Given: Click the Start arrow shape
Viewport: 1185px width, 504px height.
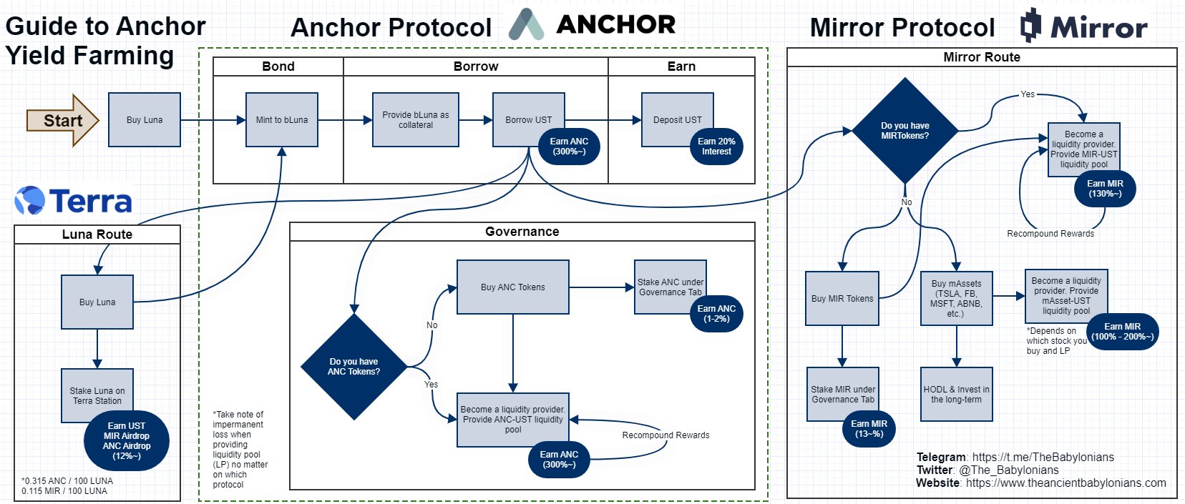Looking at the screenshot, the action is [x=62, y=120].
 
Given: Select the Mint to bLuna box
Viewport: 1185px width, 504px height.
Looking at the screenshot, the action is [x=281, y=120].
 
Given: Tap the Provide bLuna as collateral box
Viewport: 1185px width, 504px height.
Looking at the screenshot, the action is [x=415, y=120].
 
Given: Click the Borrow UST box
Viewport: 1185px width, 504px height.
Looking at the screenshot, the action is [x=528, y=120].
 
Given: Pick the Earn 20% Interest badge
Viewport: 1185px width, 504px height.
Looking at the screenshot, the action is [x=716, y=147].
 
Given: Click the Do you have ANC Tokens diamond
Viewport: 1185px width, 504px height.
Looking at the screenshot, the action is [x=354, y=367].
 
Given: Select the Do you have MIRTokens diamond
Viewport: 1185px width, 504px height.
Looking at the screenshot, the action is [x=904, y=131].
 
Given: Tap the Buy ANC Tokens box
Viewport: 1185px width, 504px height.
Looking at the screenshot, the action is [x=512, y=287].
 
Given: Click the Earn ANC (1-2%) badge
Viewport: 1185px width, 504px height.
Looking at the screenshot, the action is [x=716, y=314].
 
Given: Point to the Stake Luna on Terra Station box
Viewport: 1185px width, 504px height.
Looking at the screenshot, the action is [x=97, y=395].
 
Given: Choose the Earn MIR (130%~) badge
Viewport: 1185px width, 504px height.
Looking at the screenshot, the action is [x=1105, y=189].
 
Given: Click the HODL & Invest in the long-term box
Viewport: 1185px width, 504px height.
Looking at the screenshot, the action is [x=956, y=394].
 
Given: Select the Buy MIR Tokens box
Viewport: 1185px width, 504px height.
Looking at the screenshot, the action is [x=842, y=299].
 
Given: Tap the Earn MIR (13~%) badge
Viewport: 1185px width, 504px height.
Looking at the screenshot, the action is [x=869, y=429].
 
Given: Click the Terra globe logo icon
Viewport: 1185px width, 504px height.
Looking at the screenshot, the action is [x=29, y=200].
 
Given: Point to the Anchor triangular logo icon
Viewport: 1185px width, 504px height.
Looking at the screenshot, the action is [x=526, y=25].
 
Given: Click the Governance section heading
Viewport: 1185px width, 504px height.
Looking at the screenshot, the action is [x=522, y=232].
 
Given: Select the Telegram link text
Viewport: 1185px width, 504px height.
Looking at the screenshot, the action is [x=1015, y=457].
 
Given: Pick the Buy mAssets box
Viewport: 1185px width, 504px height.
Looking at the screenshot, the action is [x=956, y=299].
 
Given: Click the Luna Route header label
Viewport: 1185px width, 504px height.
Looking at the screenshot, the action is [x=97, y=234].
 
